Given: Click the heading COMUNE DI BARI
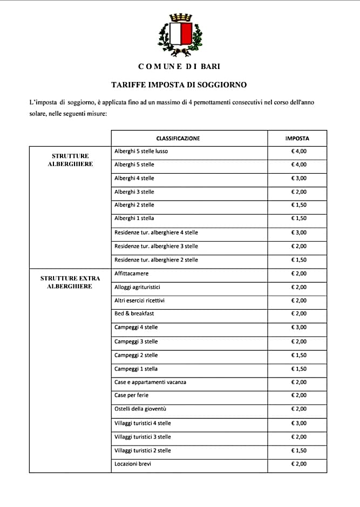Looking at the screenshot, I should click(179, 66).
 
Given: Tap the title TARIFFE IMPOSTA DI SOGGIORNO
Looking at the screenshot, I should click(179, 85).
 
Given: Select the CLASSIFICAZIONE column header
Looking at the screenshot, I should click(178, 139).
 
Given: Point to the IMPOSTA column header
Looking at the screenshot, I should click(297, 139).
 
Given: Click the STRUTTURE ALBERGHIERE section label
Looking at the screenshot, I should click(70, 160).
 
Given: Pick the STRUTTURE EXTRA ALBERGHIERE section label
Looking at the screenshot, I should click(70, 282).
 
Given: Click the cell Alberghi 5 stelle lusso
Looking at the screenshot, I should click(141, 151).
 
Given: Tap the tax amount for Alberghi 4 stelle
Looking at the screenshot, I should click(298, 179).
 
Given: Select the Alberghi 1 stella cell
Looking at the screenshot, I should click(134, 218).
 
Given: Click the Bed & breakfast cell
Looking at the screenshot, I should click(134, 313).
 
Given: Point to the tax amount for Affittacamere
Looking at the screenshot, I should click(298, 274).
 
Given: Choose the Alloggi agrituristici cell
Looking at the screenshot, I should click(138, 287).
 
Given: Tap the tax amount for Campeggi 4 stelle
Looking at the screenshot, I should click(298, 327).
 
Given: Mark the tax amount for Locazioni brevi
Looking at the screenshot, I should click(298, 464).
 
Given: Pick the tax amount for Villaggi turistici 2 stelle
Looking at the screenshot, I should click(298, 450).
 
